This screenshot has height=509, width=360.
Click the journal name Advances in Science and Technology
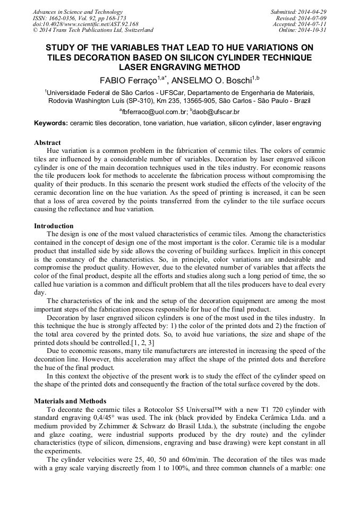[78, 12]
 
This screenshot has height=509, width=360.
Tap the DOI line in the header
[85, 24]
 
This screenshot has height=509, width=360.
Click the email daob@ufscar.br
[216, 112]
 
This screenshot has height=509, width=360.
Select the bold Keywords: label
[51, 123]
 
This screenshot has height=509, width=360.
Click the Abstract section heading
[47, 143]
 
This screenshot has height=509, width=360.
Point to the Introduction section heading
[54, 226]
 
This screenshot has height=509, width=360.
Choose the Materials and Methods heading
[70, 401]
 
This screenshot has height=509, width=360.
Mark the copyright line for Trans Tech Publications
[93, 30]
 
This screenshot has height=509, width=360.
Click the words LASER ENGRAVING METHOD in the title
[179, 67]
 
